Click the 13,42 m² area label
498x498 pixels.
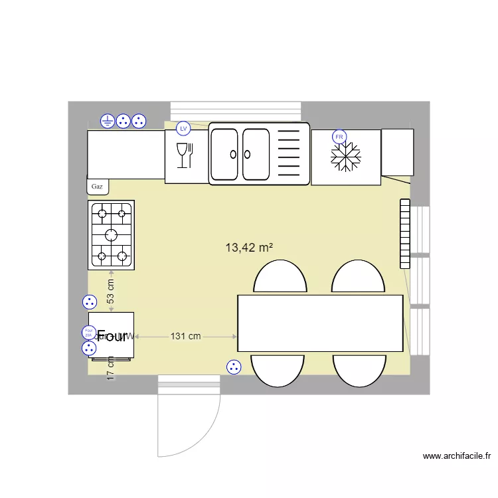pyautogui.click(x=250, y=248)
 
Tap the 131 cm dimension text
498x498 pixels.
pyautogui.click(x=185, y=336)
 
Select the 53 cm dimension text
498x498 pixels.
pyautogui.click(x=111, y=291)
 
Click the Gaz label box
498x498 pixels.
pyautogui.click(x=98, y=187)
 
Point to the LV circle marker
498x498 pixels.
pyautogui.click(x=183, y=127)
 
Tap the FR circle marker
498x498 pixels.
pyautogui.click(x=339, y=137)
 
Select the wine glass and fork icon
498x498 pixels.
pyautogui.click(x=184, y=155)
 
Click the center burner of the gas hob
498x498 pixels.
pyautogui.click(x=111, y=234)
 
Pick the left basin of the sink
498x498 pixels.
pyautogui.click(x=224, y=154)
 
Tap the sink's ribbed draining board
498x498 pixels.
pyautogui.click(x=288, y=154)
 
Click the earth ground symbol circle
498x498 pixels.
pyautogui.click(x=108, y=121)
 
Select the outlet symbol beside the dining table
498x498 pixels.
pyautogui.click(x=233, y=367)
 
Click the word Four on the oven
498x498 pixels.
pyautogui.click(x=112, y=336)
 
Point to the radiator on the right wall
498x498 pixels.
pyautogui.click(x=405, y=234)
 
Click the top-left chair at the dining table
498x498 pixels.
pyautogui.click(x=280, y=277)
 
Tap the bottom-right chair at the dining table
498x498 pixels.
pyautogui.click(x=359, y=371)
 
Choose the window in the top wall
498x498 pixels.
pyautogui.click(x=236, y=111)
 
